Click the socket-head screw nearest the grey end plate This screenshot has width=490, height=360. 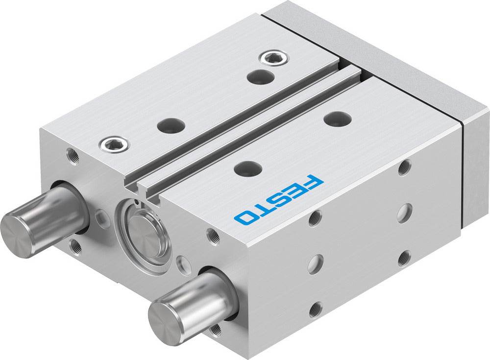[x=273, y=58]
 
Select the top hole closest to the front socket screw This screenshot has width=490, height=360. [x=171, y=125]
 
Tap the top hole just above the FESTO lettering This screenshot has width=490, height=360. [x=247, y=168]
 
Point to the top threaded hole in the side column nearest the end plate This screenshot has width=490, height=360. [x=404, y=168]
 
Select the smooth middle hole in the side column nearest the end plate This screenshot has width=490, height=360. [x=404, y=213]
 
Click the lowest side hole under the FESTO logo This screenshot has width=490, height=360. [x=315, y=309]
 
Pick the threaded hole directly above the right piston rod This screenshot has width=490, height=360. [x=214, y=236]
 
